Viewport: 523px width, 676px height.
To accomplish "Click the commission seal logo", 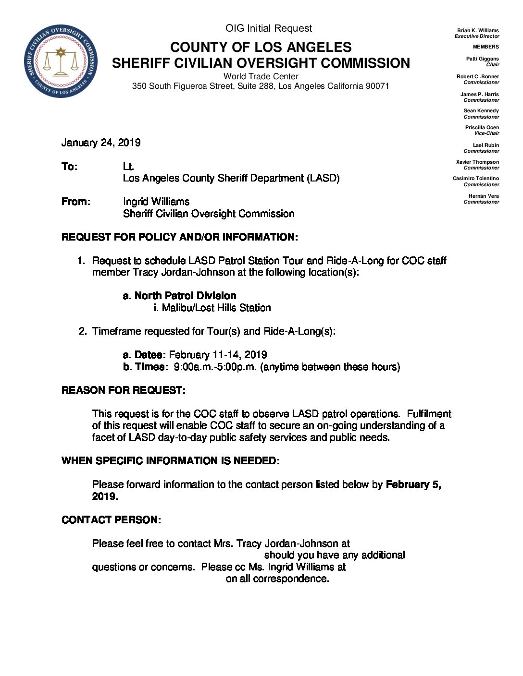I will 61,61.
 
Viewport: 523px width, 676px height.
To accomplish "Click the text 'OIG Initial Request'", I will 269,28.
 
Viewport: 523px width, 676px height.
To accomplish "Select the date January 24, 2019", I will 101,143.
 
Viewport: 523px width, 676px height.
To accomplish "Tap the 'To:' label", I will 69,167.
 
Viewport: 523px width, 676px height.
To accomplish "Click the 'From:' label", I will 75,202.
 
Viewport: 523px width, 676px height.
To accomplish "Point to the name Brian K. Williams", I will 478,30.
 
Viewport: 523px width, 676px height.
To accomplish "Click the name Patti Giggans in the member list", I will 482,59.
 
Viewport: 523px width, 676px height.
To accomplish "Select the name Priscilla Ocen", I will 482,127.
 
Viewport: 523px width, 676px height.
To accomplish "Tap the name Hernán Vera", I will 484,196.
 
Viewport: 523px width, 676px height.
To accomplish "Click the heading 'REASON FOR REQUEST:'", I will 123,390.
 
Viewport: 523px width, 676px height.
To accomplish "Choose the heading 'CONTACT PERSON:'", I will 111,520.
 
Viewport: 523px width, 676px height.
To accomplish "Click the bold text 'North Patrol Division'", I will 185,296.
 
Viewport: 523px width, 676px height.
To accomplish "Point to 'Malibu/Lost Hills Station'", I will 216,308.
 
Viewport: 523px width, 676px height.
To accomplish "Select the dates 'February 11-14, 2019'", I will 218,355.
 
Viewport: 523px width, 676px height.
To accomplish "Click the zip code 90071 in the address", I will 377,86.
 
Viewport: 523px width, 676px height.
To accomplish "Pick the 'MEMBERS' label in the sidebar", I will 486,47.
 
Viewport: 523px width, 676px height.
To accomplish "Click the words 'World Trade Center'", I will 261,76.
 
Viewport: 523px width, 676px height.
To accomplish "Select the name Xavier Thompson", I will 477,162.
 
